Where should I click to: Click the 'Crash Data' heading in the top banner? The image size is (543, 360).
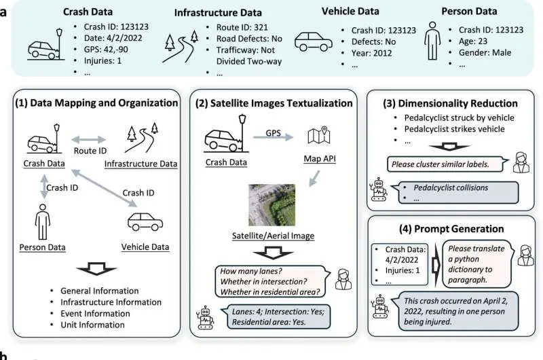[x=90, y=12]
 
